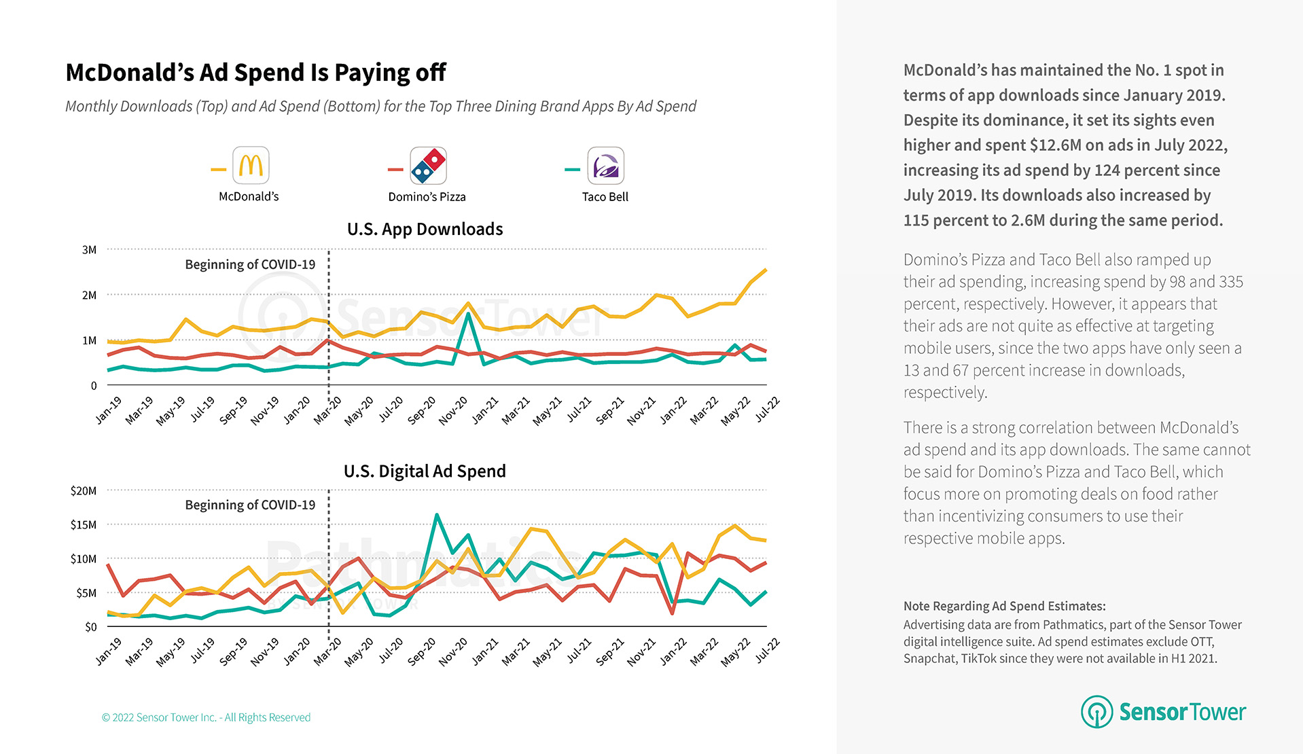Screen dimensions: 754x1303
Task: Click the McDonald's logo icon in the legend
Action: (251, 165)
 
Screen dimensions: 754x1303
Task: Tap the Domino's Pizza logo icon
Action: (428, 165)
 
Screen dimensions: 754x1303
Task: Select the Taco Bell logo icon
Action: (605, 165)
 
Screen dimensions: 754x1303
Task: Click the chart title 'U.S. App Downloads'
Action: (425, 230)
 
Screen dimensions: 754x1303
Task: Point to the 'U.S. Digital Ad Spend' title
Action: (425, 471)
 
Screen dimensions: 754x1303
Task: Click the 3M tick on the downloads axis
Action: (89, 250)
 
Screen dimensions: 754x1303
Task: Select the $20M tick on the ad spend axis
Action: (84, 490)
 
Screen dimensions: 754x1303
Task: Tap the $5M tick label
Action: (86, 593)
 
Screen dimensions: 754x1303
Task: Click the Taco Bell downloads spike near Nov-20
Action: (469, 314)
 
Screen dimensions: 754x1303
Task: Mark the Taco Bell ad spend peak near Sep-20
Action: (437, 515)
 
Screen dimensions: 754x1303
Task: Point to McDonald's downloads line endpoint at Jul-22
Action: (766, 270)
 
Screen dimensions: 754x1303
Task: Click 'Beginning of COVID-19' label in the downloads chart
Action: (250, 265)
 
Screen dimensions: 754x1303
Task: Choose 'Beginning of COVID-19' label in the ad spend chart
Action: (250, 505)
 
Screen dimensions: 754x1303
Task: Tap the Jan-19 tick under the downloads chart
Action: (109, 410)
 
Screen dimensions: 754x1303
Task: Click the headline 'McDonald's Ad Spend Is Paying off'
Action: (255, 73)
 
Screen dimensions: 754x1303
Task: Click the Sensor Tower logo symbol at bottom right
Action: (1096, 711)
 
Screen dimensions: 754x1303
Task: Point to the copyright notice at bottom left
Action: (206, 717)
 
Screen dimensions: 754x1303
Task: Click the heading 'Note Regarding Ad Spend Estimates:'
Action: (1004, 606)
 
